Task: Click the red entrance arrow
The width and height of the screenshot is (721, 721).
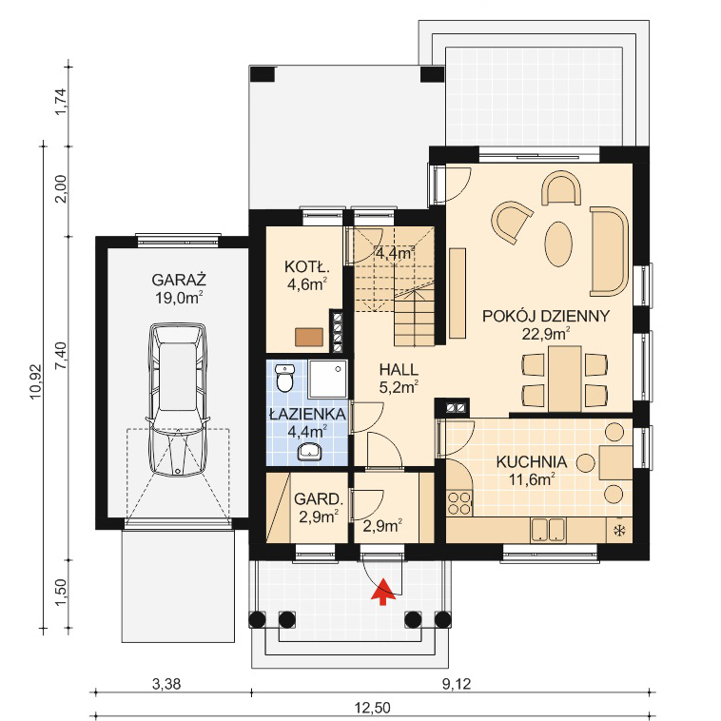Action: (383, 593)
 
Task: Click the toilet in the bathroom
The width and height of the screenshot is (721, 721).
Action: (285, 378)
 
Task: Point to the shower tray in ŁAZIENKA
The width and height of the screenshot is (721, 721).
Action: (327, 380)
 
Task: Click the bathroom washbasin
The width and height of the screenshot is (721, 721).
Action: (310, 452)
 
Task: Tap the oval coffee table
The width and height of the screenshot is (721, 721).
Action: (558, 244)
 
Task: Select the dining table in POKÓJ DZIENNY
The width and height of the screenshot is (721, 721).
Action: (565, 379)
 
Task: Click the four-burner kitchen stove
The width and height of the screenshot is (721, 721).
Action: (459, 503)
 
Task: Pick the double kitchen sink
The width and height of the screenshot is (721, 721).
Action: (548, 530)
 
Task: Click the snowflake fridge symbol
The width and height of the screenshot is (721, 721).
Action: (619, 531)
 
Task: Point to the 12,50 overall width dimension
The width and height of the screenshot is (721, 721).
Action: (373, 707)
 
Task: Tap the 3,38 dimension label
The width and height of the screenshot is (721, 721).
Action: (166, 685)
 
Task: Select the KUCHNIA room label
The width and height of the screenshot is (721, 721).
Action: (531, 461)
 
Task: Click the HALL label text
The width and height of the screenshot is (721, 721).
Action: (399, 369)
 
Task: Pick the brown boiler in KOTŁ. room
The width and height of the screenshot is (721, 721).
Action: (309, 337)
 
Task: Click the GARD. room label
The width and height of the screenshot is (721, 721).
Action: (319, 499)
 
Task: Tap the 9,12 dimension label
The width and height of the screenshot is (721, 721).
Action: (457, 685)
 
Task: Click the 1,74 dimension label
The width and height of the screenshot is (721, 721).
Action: (61, 101)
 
